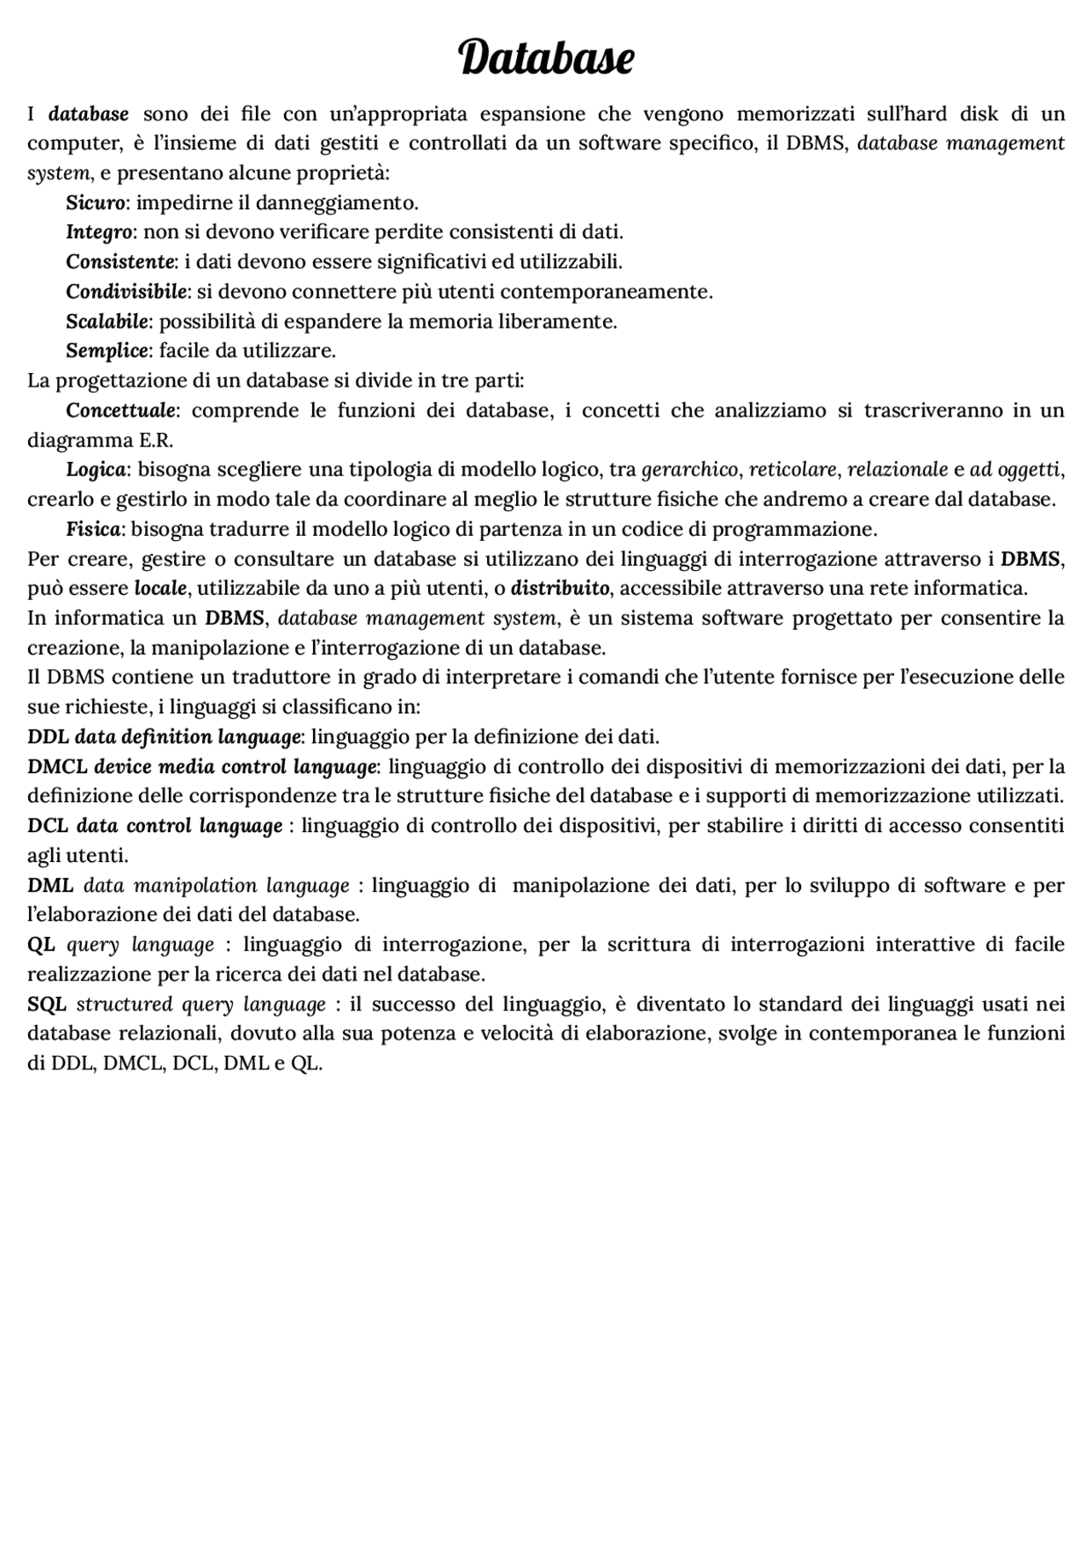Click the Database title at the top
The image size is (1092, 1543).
[546, 58]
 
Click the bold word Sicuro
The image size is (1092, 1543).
[96, 203]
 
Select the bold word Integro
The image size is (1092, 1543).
[99, 232]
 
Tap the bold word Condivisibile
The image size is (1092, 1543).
[126, 292]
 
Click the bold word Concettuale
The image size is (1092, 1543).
[121, 410]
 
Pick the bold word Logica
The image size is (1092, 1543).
[96, 469]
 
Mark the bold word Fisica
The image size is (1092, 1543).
[93, 529]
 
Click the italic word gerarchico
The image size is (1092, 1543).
[689, 469]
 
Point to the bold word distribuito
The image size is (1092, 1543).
[560, 589]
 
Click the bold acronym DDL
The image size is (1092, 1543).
[47, 737]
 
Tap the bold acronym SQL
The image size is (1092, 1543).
[47, 1004]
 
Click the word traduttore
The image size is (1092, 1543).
[233, 678]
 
